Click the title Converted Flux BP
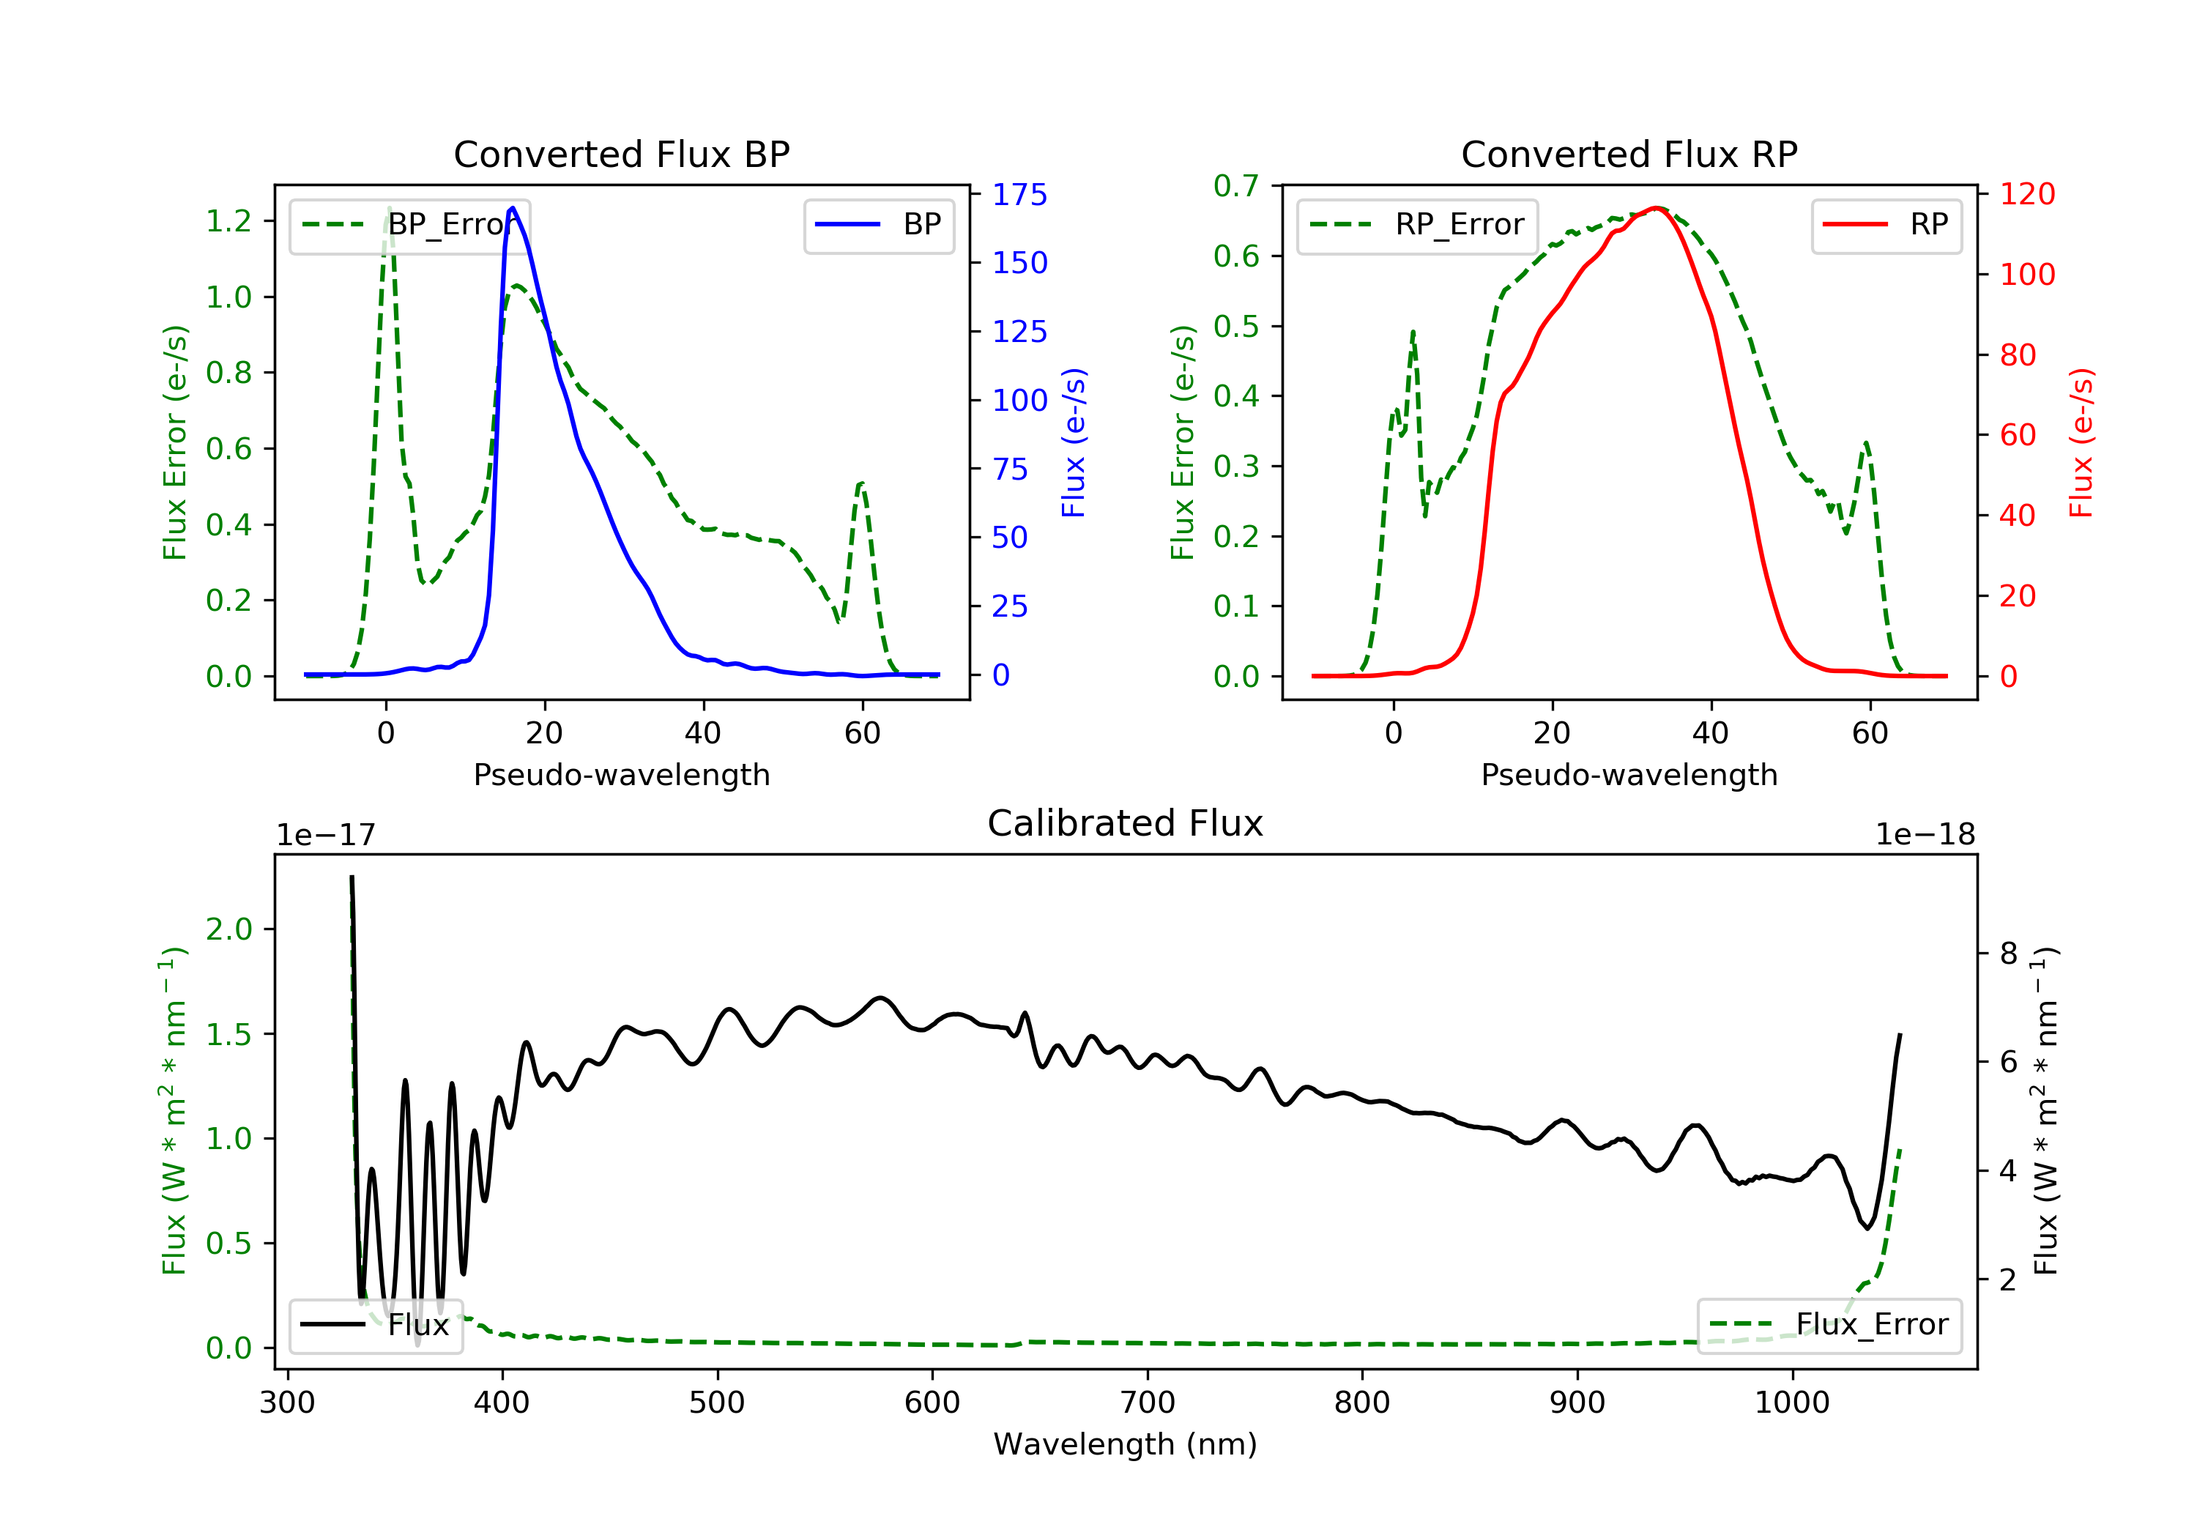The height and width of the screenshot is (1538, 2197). click(622, 154)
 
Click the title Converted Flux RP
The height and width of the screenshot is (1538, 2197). click(1629, 154)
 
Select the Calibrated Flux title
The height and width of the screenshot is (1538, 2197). click(1126, 823)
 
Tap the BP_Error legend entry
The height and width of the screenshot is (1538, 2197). click(409, 225)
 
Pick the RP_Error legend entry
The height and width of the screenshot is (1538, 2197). click(1416, 225)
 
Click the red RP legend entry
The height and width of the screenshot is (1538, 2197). click(1886, 225)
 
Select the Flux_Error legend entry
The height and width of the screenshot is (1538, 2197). click(1829, 1325)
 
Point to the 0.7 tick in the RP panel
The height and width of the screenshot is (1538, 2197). click(1236, 186)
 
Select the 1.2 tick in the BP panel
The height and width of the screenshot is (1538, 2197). click(228, 221)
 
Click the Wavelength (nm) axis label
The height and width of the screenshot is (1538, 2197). click(1126, 1444)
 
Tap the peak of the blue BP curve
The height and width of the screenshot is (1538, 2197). click(513, 208)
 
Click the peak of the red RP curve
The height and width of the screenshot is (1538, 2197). click(1657, 208)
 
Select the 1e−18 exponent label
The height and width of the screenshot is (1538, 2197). click(1925, 835)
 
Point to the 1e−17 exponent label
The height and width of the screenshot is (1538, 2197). click(325, 835)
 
